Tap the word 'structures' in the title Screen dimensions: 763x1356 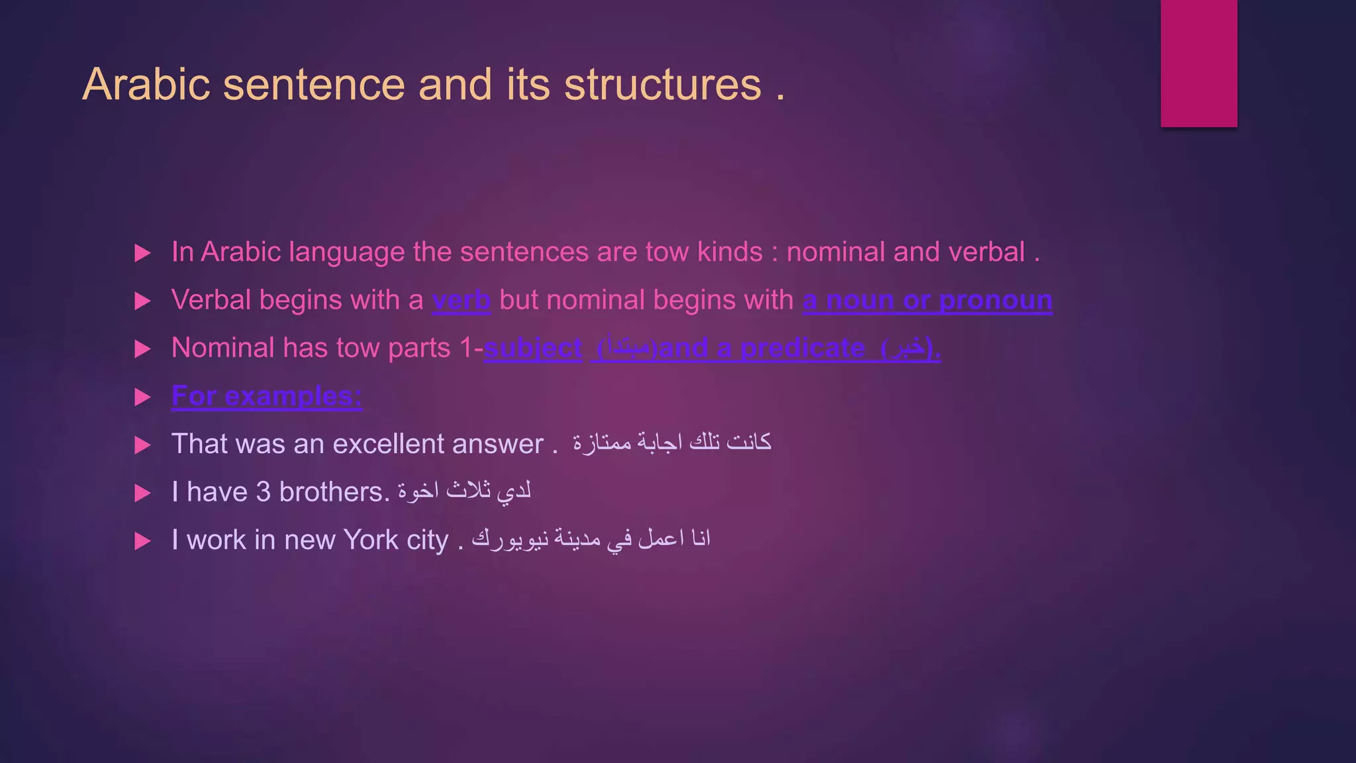point(663,85)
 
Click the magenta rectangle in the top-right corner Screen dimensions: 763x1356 point(1198,63)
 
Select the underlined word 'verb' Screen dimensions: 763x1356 point(461,300)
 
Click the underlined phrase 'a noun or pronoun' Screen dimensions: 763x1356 point(927,300)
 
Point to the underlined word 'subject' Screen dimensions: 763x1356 point(533,348)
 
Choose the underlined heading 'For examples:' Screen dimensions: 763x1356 point(267,396)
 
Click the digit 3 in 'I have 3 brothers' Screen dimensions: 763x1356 point(263,492)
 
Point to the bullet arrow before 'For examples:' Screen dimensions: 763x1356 point(142,397)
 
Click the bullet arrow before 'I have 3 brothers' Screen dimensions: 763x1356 point(142,493)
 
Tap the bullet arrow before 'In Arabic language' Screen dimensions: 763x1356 point(142,253)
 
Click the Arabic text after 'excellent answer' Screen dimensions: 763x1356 point(672,442)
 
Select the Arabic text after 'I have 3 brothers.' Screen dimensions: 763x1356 point(464,491)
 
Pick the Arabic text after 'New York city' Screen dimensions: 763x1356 point(591,538)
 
